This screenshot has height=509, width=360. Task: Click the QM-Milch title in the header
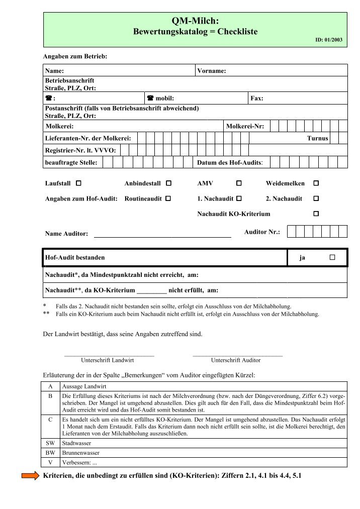coord(195,21)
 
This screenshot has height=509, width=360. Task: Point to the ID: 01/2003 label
coord(329,39)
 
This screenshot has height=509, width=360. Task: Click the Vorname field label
coord(212,71)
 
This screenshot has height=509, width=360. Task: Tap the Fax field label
coord(256,98)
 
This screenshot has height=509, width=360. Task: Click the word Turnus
coord(317,138)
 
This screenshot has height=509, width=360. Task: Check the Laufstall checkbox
coord(79,184)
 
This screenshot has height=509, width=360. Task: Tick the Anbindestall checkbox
coord(168,184)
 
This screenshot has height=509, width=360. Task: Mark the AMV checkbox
coord(239,184)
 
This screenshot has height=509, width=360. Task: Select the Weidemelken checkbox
coord(316,184)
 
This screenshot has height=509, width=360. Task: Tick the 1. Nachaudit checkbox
coord(239,198)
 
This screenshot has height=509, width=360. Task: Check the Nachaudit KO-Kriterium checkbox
coord(316,214)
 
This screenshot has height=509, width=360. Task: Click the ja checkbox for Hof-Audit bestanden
coord(332,257)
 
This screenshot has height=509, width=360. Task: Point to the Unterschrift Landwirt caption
coord(107,360)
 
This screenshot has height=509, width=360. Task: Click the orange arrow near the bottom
coord(30,476)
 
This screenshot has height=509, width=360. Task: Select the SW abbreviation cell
coord(50,443)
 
